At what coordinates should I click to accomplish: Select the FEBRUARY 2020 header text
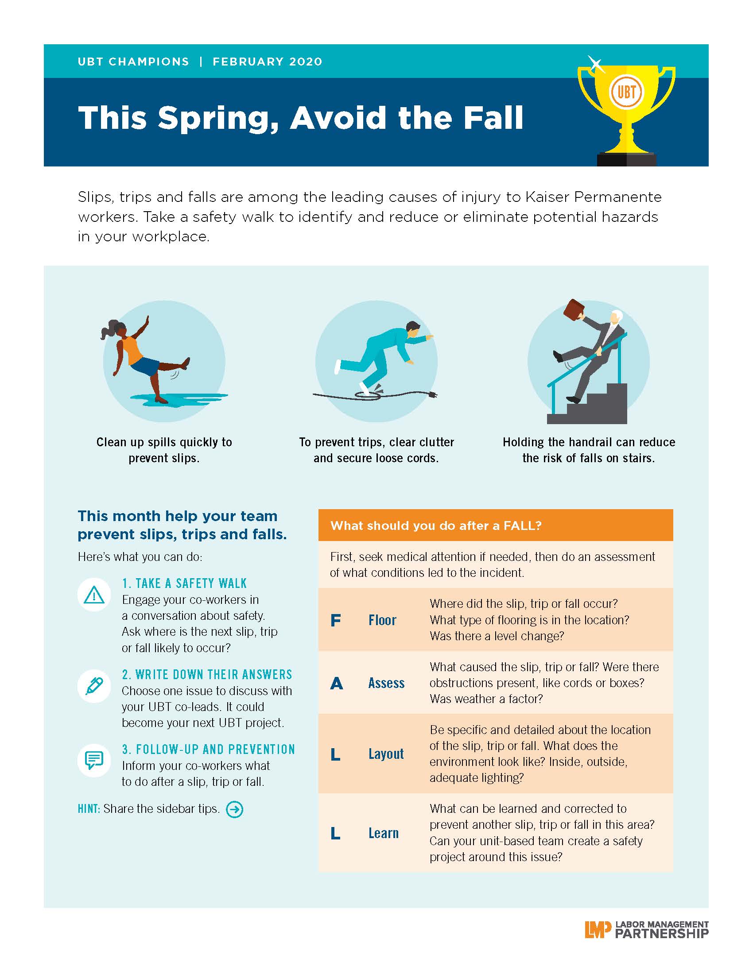[267, 62]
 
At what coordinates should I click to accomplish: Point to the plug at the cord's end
[431, 394]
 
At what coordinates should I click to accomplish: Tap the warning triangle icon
[94, 595]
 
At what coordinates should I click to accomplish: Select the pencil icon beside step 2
[94, 686]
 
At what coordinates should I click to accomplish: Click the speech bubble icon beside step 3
[94, 760]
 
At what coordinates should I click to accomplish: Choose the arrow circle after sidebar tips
[235, 809]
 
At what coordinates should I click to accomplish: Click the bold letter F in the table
[335, 620]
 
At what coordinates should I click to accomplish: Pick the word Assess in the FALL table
[386, 683]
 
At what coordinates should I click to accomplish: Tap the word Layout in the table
[386, 754]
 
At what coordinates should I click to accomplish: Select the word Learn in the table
[383, 833]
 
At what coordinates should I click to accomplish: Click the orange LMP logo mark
[598, 929]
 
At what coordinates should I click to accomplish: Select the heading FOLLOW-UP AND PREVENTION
[209, 749]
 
